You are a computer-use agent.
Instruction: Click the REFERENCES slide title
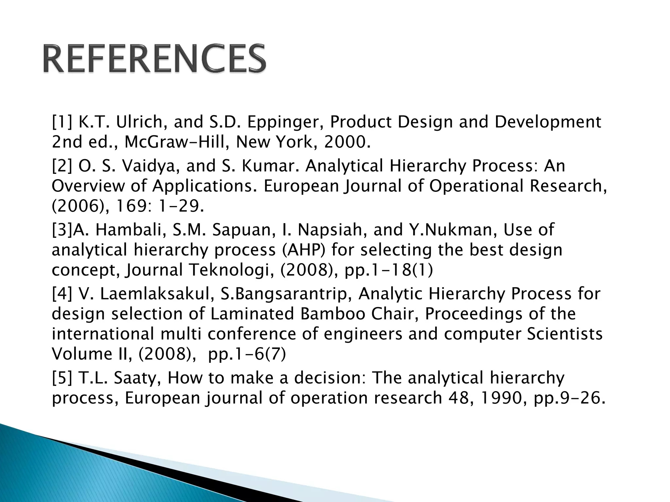[x=154, y=59]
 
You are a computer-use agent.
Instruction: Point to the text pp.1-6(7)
[x=247, y=354]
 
